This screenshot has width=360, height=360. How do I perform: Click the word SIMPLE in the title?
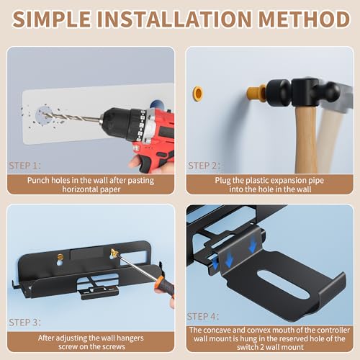[52, 19]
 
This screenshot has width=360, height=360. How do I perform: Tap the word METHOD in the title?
[304, 19]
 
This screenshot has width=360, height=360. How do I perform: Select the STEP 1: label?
[24, 166]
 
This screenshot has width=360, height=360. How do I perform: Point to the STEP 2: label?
[204, 166]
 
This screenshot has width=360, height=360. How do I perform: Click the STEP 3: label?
[24, 323]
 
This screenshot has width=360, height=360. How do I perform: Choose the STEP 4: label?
[203, 317]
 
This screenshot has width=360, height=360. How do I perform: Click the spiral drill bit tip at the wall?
[45, 114]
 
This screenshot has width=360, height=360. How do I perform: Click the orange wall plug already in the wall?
[198, 93]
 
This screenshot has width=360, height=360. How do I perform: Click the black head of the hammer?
[304, 92]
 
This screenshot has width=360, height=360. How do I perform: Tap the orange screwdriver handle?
[165, 287]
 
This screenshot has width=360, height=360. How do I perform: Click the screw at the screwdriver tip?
[114, 253]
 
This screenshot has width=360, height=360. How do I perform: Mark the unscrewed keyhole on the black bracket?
[60, 260]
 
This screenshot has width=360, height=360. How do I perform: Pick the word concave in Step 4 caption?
[218, 330]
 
